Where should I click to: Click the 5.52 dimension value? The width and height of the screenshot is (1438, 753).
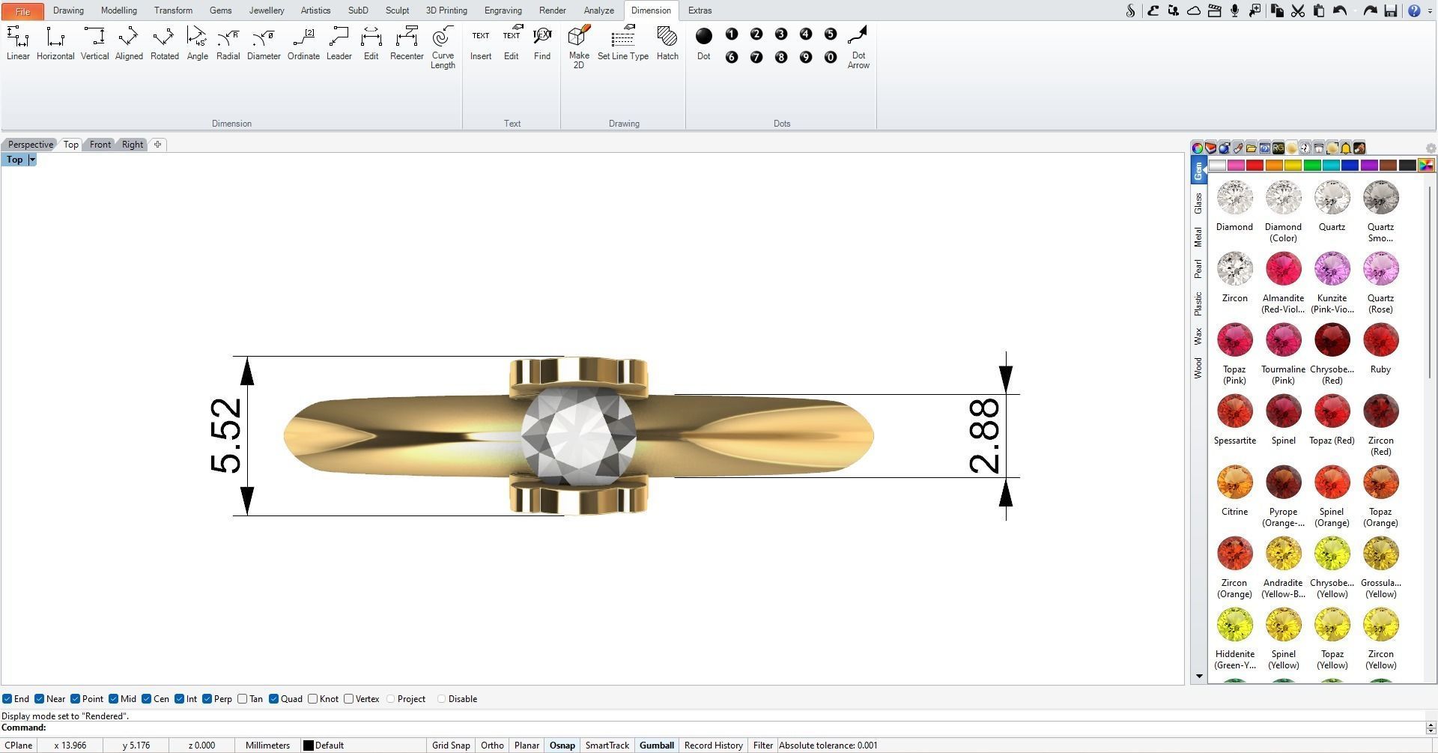pos(226,436)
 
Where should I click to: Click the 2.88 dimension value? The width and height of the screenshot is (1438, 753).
pos(984,436)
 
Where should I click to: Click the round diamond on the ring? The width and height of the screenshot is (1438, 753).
pos(578,435)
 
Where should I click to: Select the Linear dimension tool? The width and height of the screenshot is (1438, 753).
pos(18,43)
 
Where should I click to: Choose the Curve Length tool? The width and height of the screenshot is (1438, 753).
pos(443,47)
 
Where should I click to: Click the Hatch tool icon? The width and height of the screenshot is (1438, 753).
pos(667,43)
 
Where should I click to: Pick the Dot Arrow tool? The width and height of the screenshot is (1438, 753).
pos(858,47)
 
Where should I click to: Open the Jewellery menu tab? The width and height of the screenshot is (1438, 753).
pos(267,10)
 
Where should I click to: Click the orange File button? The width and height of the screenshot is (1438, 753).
pos(22,11)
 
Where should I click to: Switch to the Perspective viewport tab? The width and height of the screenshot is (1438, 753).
pos(31,145)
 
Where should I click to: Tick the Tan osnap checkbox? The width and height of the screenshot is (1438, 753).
pos(243,699)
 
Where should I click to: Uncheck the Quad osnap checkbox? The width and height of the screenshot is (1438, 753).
pos(274,699)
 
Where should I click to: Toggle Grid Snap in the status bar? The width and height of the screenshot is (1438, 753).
pos(451,746)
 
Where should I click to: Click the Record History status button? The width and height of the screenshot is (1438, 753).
pos(713,746)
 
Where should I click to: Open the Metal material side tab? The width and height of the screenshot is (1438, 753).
pos(1198,237)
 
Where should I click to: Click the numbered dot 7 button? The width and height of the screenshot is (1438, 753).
pos(756,57)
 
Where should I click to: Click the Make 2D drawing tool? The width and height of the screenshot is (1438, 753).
pos(579,47)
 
